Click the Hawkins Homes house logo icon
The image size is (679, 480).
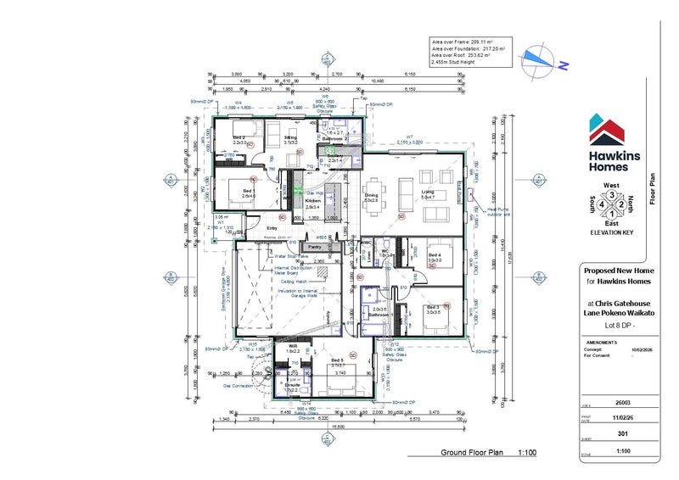click(609, 130)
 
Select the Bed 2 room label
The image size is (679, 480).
click(238, 139)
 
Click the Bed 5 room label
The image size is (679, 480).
click(337, 360)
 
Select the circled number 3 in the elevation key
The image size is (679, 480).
click(609, 194)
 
